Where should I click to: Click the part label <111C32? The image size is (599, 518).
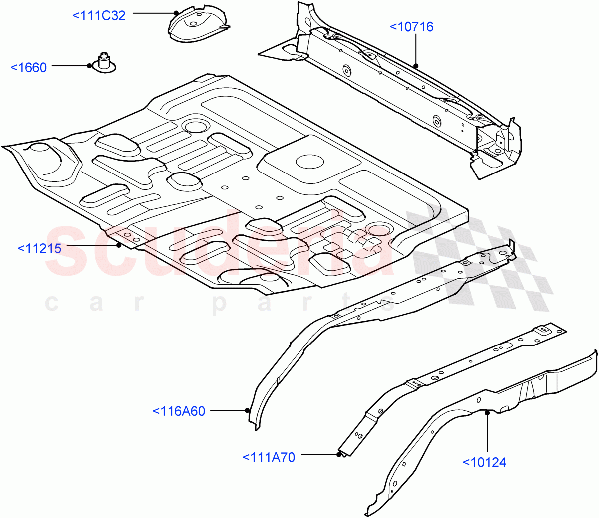[99, 16]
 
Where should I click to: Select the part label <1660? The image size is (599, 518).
[29, 68]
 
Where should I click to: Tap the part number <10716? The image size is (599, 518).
[411, 27]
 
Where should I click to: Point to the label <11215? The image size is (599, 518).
[39, 248]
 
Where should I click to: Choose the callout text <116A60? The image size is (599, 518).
[179, 411]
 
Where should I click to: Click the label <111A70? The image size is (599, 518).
[269, 457]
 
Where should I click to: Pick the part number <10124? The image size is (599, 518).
[484, 462]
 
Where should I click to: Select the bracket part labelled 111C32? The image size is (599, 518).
[197, 25]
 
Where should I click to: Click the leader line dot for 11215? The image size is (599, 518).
[119, 245]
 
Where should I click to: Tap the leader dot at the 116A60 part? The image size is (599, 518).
[247, 410]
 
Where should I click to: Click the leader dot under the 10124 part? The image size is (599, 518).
[487, 412]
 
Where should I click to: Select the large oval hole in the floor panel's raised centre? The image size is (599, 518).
[310, 161]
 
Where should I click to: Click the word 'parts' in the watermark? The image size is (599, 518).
[304, 303]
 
